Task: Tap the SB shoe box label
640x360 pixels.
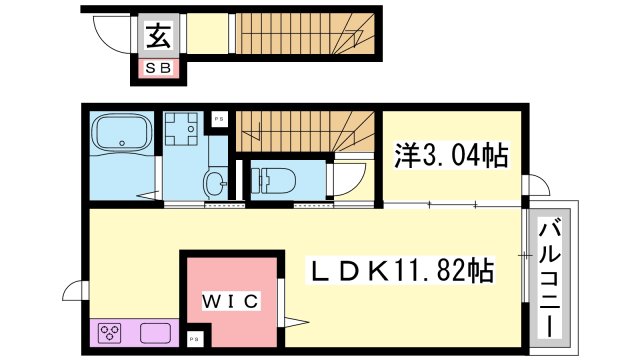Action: click(160, 68)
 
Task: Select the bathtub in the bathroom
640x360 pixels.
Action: click(121, 134)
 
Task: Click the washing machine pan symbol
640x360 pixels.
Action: click(182, 130)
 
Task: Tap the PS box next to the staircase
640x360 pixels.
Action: click(218, 120)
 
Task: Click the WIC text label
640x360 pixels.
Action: click(233, 300)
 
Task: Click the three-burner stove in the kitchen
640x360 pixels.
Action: click(110, 333)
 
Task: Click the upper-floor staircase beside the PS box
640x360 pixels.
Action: click(300, 129)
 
